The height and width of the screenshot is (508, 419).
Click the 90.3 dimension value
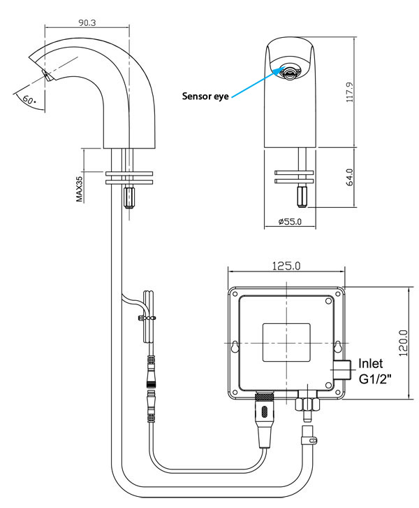coord(87,22)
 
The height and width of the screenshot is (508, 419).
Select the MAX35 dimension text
coord(80,188)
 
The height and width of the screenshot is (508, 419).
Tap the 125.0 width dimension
coord(286,266)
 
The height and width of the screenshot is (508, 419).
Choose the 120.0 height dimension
coord(402,342)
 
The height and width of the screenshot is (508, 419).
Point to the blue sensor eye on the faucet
coord(287,69)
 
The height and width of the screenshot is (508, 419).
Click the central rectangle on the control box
coord(286,343)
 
